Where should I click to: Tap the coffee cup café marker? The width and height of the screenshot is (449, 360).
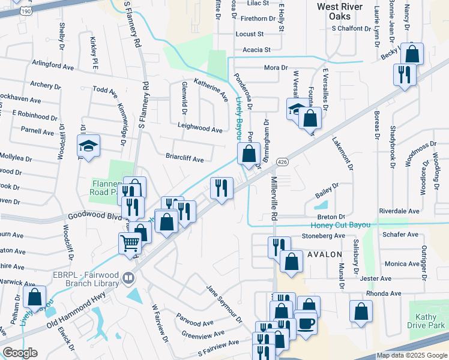click(x=306, y=324)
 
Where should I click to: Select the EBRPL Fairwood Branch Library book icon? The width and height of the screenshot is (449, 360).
click(x=127, y=278)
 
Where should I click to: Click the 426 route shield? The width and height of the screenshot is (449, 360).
click(x=282, y=163)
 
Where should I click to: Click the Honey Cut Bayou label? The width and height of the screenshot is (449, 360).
click(x=340, y=226)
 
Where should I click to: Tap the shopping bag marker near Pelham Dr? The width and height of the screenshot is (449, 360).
click(x=35, y=296)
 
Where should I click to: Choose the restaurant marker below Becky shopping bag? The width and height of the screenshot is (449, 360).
click(x=403, y=74)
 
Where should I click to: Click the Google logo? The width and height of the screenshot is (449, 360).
click(x=20, y=353)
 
